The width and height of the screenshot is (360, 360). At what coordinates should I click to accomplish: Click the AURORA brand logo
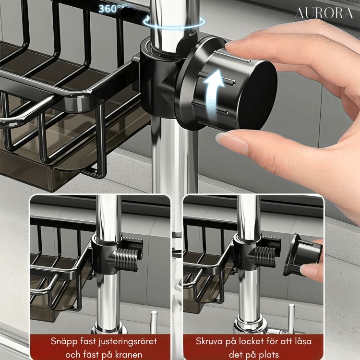(x=324, y=13)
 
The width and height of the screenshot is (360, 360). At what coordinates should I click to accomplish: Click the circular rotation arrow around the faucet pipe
(x=174, y=23)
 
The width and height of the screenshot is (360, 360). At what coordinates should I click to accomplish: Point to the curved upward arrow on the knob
(x=214, y=92)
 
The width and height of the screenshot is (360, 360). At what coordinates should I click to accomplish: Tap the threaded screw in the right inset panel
(x=264, y=255)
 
